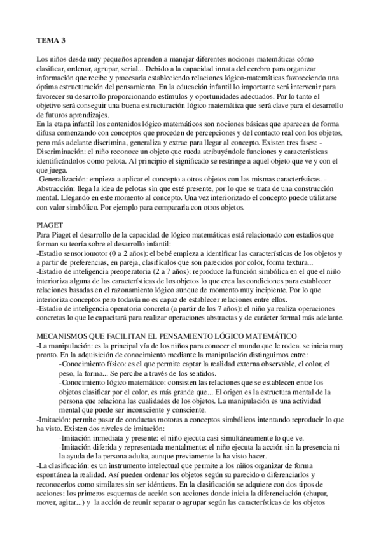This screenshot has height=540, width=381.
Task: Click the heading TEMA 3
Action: pyautogui.click(x=50, y=41)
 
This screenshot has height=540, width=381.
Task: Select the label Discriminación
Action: pyautogui.click(x=62, y=153)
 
